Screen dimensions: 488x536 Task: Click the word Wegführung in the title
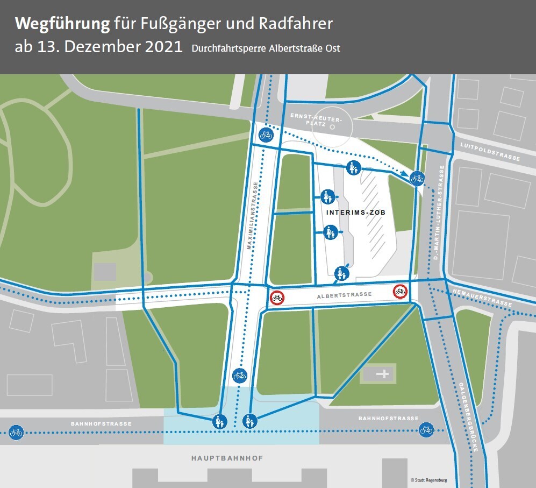tap(62, 24)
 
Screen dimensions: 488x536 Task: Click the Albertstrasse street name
tap(338, 295)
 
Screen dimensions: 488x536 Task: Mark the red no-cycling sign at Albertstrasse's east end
tap(400, 291)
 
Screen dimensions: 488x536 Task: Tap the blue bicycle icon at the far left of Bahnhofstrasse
tap(16, 432)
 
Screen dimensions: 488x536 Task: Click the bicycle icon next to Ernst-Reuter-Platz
tap(266, 135)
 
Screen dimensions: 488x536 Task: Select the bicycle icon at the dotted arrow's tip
tap(417, 178)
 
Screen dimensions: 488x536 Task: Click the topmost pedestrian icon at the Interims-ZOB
tap(353, 168)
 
